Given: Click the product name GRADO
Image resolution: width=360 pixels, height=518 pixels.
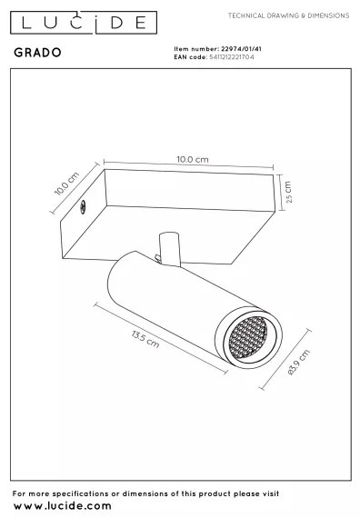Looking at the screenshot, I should pos(38,54).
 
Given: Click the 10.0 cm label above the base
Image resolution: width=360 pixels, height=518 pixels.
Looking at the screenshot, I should pos(192,159).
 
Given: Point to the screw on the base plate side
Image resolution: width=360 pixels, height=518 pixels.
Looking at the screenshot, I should pos(83,207).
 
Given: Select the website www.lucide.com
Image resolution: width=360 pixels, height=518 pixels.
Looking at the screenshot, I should pos(63,505).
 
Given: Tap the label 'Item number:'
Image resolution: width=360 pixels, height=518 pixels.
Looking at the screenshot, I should pos(192,48).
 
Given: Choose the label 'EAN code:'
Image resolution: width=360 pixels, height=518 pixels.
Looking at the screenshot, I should pos(188,56).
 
